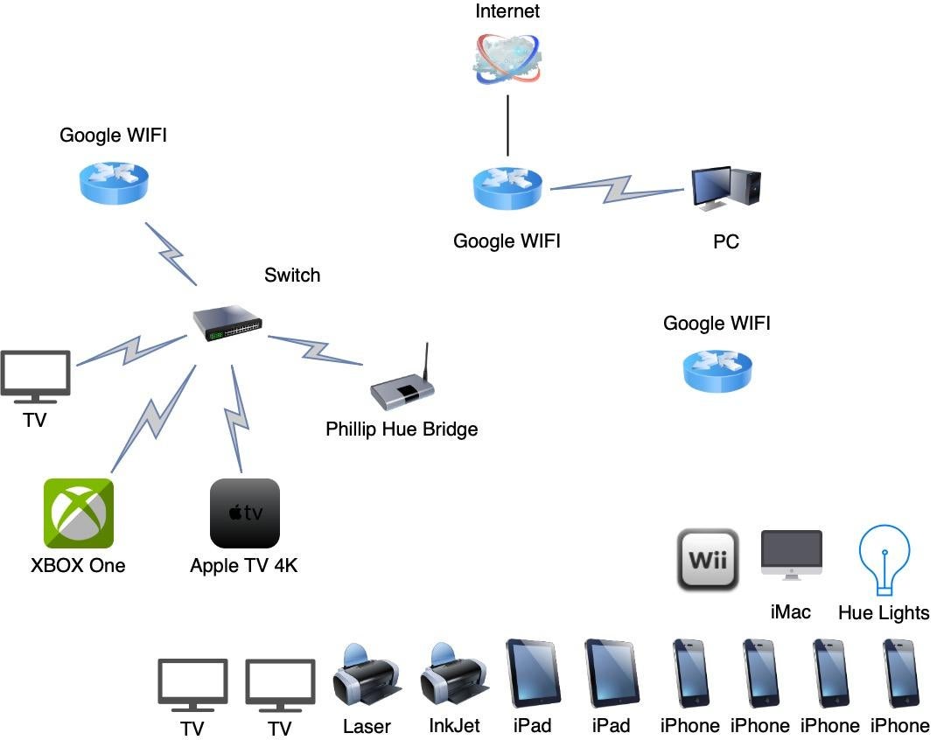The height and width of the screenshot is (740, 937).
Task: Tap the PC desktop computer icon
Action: pos(725,189)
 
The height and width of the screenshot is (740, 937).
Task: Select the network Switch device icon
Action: pos(227,324)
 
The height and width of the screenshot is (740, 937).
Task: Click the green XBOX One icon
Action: pos(79,513)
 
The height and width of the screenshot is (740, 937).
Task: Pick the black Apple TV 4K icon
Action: pos(245,513)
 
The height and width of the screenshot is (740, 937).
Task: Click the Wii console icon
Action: pos(708,559)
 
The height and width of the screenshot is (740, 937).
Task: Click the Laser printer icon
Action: pos(367,676)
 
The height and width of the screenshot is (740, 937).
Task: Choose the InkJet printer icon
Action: pos(454,676)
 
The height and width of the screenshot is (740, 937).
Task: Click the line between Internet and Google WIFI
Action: pos(507,127)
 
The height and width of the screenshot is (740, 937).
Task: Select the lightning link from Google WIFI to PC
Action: pos(616,187)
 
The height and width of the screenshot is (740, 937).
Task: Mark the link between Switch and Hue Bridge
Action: pos(315,351)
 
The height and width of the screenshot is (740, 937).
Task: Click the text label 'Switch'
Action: pos(292,276)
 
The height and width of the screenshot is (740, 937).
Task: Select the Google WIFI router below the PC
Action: pos(717,371)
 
